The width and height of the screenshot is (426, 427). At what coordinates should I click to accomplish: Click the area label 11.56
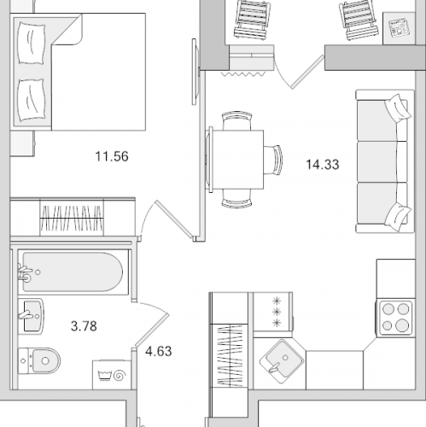[112, 156]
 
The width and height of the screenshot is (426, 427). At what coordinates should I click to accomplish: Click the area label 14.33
[323, 165]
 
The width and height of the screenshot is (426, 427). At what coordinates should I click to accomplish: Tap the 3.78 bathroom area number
[84, 326]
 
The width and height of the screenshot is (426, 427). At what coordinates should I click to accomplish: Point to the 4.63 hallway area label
[159, 351]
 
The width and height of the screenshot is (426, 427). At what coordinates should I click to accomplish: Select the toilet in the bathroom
[39, 361]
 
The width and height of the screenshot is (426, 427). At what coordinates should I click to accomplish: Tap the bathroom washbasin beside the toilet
[31, 316]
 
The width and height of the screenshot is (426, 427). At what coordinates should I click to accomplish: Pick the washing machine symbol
[112, 375]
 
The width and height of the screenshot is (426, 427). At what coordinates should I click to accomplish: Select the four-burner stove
[396, 318]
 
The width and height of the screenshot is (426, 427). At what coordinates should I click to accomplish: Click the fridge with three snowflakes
[272, 312]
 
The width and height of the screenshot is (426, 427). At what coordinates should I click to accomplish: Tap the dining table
[236, 160]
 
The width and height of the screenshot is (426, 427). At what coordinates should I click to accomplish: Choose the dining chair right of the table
[273, 160]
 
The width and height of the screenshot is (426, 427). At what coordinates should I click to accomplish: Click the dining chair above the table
[236, 120]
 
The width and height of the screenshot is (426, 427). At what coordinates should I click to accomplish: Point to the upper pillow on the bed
[32, 44]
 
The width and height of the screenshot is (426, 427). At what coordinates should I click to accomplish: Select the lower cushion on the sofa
[398, 215]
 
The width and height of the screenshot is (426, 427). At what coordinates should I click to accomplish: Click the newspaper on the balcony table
[399, 28]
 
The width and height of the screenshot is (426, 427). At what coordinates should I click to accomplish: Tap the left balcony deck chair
[252, 19]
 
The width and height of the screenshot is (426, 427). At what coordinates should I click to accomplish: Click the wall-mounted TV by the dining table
[195, 72]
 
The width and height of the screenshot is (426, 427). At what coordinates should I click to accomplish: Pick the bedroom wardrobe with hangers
[73, 217]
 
